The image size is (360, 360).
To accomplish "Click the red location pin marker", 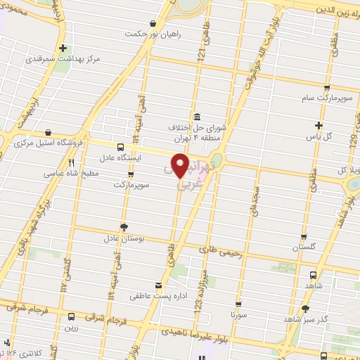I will coord(180,166).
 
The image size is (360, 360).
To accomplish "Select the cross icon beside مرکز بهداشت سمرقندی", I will coord(64,49).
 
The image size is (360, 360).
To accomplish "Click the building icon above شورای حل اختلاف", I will coord(196,116).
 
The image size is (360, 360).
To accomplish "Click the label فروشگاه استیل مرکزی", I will coord(48,142).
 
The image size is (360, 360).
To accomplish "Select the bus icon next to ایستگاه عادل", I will coord(120,147).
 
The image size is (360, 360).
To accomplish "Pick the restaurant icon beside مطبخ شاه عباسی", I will coord(71,162).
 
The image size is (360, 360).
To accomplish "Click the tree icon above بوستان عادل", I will coord(124,226).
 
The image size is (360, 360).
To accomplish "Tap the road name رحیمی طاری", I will coord(221,248).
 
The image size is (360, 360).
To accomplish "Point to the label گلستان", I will coord(304,248).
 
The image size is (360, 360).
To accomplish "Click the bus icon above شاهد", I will coord(312,276).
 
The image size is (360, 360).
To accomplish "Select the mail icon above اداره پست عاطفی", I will coord(159,285).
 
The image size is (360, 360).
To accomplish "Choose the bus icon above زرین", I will coord(70,316).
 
